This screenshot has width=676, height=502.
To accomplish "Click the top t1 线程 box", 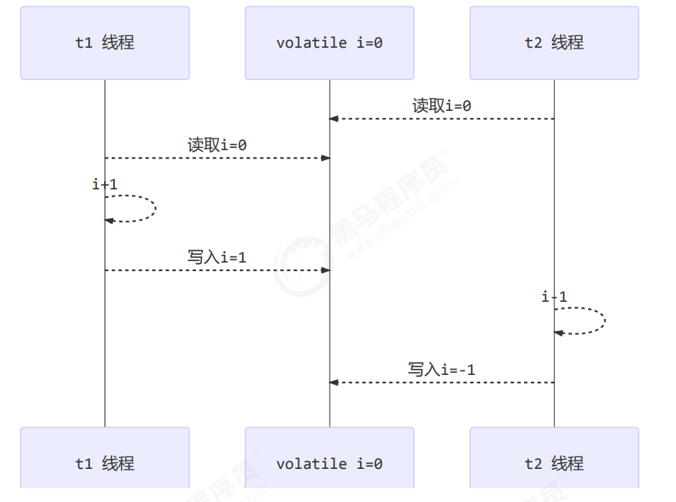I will click(105, 43).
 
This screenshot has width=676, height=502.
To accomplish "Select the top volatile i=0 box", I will click(329, 43).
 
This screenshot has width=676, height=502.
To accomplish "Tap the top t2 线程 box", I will click(554, 43).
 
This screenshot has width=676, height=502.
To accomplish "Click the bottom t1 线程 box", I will click(105, 463).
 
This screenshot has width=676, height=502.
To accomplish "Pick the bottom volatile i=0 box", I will click(329, 463).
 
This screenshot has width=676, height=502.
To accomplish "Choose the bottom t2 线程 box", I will click(554, 463).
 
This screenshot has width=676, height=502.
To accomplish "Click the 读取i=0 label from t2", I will click(442, 106).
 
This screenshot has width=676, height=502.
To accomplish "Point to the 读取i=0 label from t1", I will click(217, 145).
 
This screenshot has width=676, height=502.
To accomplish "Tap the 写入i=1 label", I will click(217, 257).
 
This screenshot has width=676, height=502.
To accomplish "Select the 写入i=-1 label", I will click(442, 370).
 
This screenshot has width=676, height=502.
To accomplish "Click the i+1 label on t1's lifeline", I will click(105, 185).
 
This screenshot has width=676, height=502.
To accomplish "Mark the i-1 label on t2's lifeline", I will click(554, 297).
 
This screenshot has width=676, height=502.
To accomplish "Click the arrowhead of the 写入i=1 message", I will click(325, 270).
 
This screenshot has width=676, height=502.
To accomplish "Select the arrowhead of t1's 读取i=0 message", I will click(325, 158).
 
